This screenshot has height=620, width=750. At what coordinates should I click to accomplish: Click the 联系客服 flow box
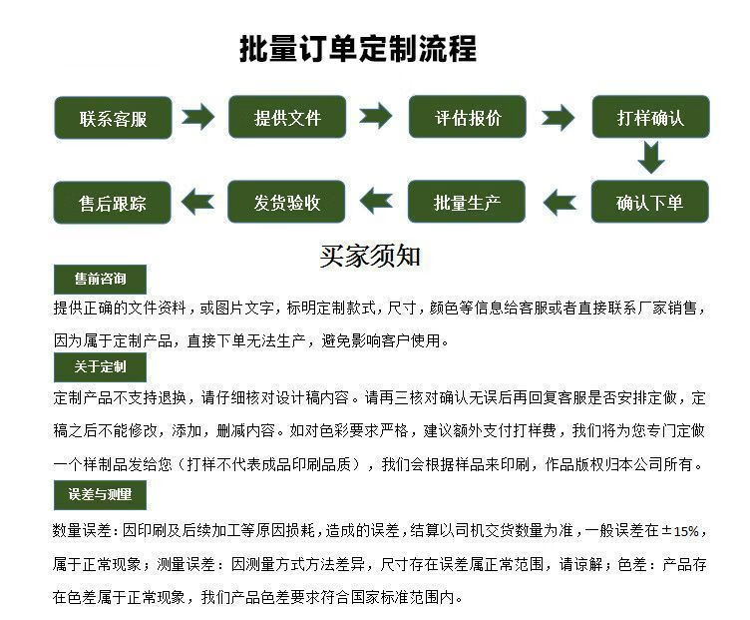point(112,117)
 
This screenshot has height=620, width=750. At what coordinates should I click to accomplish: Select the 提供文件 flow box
point(287,117)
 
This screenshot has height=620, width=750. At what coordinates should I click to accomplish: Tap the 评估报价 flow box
point(468,117)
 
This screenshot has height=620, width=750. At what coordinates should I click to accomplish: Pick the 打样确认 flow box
point(650,117)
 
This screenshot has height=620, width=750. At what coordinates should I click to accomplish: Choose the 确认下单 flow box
point(650,202)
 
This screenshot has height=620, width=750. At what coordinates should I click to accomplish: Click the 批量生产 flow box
point(468,202)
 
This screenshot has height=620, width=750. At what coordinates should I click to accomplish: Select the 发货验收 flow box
point(287,202)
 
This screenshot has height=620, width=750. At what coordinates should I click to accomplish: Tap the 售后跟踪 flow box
point(112,202)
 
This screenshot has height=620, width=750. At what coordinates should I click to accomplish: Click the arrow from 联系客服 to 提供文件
point(198,117)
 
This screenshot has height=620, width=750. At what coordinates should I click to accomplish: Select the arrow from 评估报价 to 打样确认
point(558,118)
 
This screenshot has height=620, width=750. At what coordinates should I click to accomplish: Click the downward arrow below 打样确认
point(650,158)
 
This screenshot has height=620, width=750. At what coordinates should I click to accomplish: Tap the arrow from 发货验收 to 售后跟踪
point(198,202)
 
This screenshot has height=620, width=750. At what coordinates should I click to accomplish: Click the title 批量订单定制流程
point(358,49)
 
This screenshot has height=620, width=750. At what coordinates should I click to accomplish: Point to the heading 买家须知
point(370,256)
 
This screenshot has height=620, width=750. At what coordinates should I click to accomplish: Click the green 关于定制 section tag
point(100,366)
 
